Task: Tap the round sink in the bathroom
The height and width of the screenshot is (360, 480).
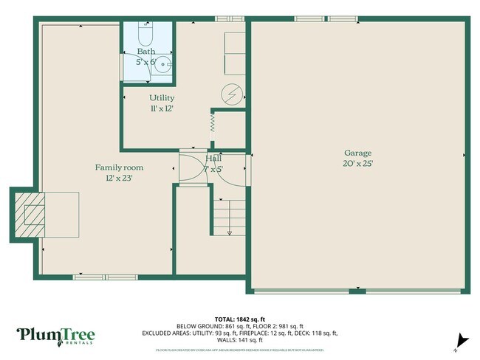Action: point(160,63)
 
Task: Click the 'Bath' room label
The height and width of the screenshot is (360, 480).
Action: point(145,52)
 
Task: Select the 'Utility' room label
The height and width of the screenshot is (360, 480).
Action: point(162,97)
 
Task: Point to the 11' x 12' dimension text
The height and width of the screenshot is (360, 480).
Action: point(162,108)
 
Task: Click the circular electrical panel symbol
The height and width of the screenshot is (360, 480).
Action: point(233,95)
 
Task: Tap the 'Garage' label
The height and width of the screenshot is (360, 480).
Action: point(357,153)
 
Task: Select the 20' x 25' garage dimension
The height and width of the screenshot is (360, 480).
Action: point(357,164)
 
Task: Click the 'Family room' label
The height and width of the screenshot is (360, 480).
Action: point(119,167)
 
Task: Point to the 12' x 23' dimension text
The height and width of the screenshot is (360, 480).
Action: point(119,178)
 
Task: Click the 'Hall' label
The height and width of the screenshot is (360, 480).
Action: point(213,159)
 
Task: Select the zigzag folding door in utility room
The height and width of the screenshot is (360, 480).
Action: point(213,122)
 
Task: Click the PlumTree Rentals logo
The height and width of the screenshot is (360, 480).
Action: point(56,336)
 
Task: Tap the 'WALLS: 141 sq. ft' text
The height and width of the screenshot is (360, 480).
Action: point(240,340)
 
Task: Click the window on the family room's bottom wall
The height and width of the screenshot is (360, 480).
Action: point(104,277)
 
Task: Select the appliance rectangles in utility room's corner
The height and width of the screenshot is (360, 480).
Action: point(234,52)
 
